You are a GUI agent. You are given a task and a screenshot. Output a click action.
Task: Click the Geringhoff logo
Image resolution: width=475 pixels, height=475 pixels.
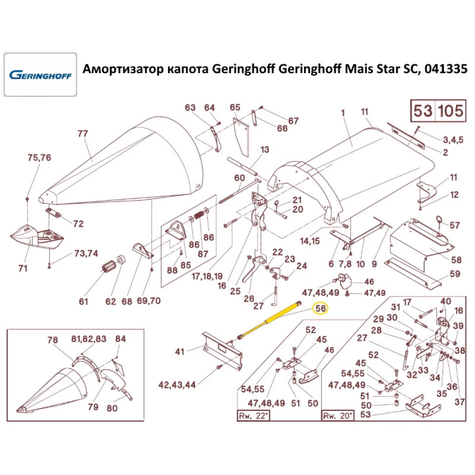40,75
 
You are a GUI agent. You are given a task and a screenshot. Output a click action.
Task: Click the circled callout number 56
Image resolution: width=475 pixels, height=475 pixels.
321,309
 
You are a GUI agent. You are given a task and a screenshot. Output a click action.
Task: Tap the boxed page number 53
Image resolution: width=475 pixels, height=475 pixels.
422,111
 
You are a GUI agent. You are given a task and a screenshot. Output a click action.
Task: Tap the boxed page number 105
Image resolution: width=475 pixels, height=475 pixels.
449,111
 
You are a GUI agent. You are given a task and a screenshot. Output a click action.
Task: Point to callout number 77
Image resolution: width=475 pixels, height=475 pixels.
83,134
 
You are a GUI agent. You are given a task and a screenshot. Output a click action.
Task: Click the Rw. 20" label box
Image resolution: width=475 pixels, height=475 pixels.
338,416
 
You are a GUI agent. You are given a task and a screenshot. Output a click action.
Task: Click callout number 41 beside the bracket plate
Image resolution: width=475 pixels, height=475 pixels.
180,352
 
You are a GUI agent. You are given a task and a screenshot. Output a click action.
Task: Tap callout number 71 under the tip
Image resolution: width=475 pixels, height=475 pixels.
22,269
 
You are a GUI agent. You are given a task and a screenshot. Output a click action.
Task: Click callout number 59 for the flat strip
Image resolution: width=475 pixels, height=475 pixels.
455,274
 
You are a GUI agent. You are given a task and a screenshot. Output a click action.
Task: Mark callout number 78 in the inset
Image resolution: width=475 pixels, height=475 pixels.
52,340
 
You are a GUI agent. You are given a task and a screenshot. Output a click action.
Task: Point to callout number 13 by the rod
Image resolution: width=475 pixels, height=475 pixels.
265,150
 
